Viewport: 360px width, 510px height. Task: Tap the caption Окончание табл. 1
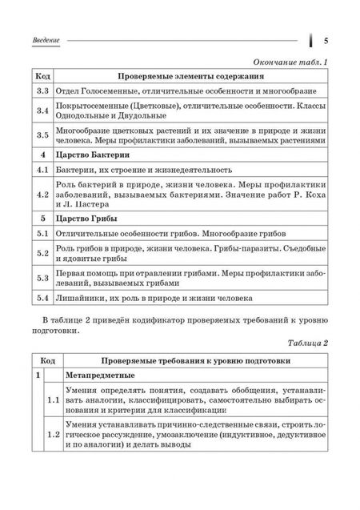pyautogui.click(x=291, y=62)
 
